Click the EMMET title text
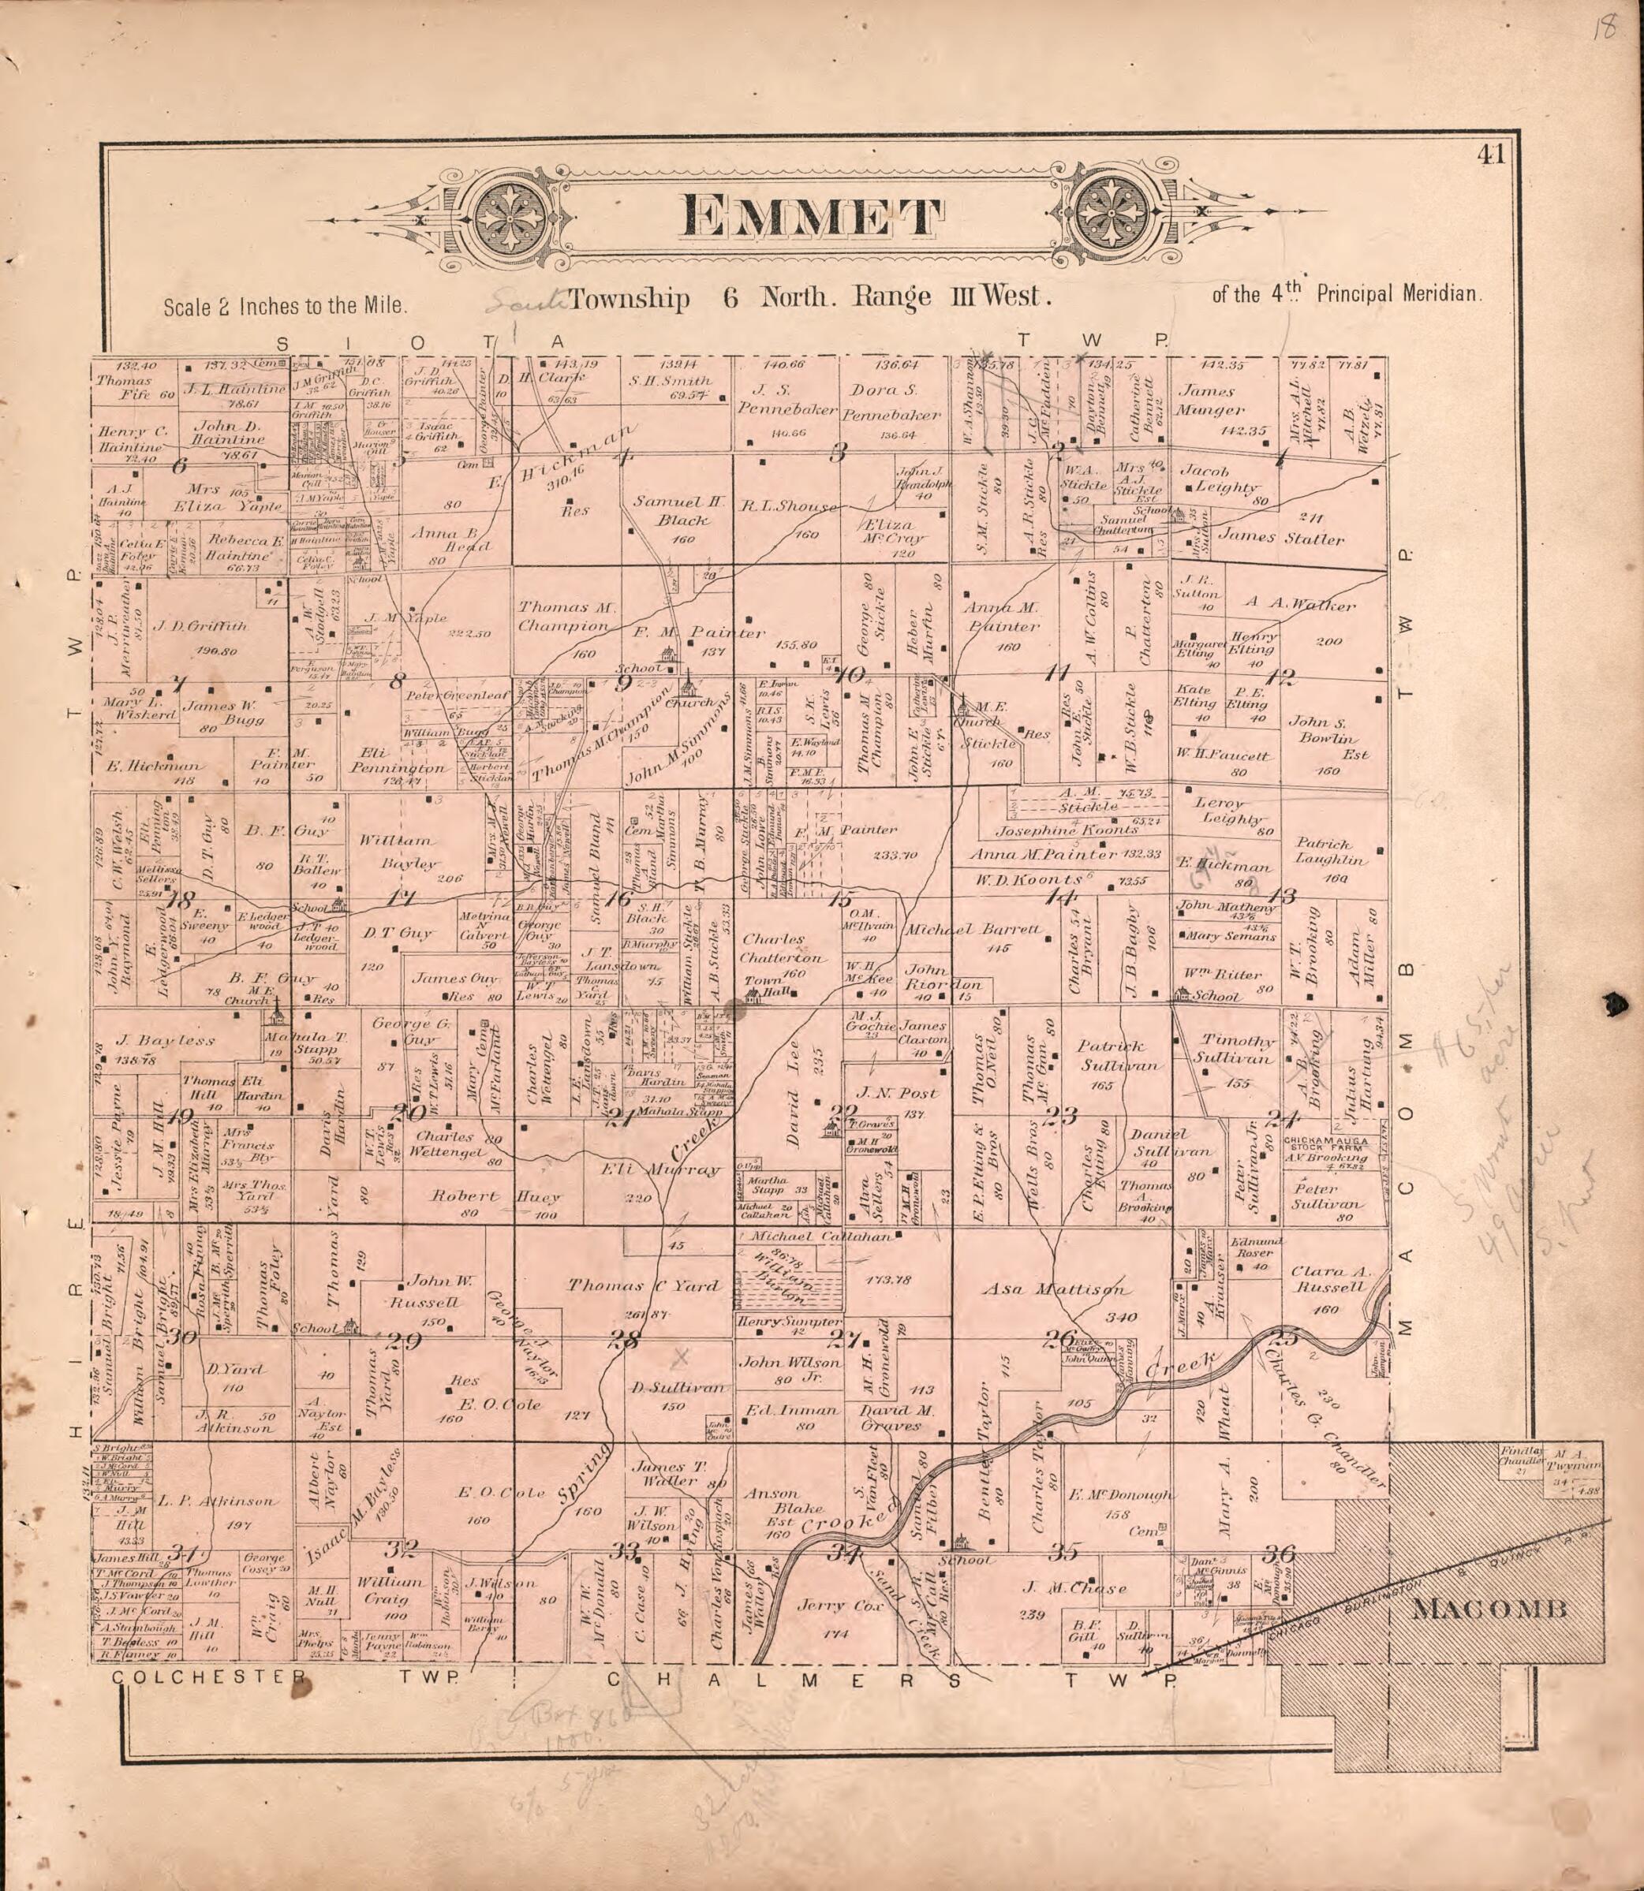click(x=812, y=218)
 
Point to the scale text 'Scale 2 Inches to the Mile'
click(x=286, y=306)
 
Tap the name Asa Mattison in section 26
click(x=1053, y=1289)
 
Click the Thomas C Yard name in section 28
click(x=643, y=1285)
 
